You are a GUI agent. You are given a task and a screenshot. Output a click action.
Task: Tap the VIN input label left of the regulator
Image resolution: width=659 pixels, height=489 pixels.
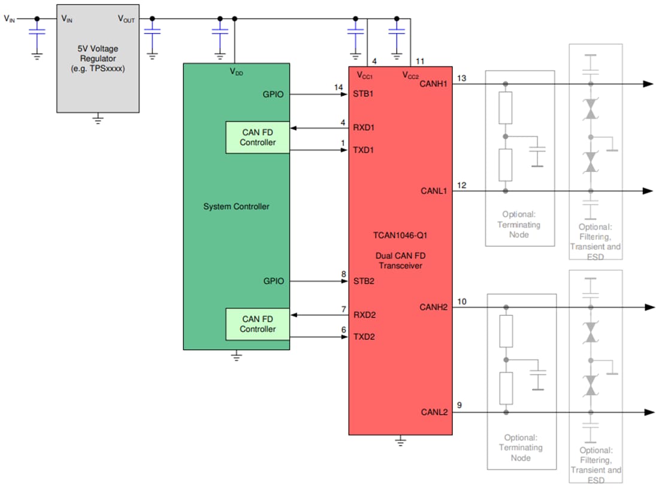[x=10, y=18]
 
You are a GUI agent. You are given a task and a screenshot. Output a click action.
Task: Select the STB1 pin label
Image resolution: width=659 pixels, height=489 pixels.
[x=364, y=94]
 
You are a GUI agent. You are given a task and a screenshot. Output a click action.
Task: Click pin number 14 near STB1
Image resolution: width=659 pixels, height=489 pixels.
[x=339, y=87]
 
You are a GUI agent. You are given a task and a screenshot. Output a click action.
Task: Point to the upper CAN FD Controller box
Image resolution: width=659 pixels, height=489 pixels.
[x=258, y=137]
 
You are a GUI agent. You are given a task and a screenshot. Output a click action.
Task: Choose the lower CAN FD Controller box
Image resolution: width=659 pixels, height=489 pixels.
[x=258, y=324]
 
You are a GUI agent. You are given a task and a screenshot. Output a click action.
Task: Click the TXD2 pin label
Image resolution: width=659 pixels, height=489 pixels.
[x=364, y=337]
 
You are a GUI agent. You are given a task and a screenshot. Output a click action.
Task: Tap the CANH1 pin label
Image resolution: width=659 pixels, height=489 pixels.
[x=434, y=83]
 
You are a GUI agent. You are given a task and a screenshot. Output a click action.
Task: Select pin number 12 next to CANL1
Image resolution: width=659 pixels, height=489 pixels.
[x=461, y=185]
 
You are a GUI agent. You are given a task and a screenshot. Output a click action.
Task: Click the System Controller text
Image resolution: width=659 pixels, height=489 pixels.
[x=236, y=207]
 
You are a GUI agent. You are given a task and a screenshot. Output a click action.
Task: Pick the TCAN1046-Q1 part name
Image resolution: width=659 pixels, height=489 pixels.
[x=400, y=236]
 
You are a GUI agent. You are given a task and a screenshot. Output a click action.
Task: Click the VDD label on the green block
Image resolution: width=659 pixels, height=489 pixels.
[x=237, y=72]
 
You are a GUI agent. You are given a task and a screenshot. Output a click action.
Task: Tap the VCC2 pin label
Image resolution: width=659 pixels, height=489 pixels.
[x=410, y=76]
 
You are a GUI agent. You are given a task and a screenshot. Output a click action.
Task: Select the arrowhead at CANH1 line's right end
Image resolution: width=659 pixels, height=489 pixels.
[x=648, y=84]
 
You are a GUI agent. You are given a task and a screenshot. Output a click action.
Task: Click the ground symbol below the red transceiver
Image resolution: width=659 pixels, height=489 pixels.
[x=401, y=442]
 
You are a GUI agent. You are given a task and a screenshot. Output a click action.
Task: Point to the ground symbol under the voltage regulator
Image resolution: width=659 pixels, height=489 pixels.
[x=98, y=120]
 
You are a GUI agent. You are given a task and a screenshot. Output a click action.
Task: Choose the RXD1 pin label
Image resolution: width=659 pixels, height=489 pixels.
[x=364, y=128]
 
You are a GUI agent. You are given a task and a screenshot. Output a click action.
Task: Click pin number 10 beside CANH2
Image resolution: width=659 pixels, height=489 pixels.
[x=461, y=301]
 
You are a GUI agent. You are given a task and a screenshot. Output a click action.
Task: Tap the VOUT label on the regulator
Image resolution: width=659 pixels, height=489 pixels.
[x=126, y=19]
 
